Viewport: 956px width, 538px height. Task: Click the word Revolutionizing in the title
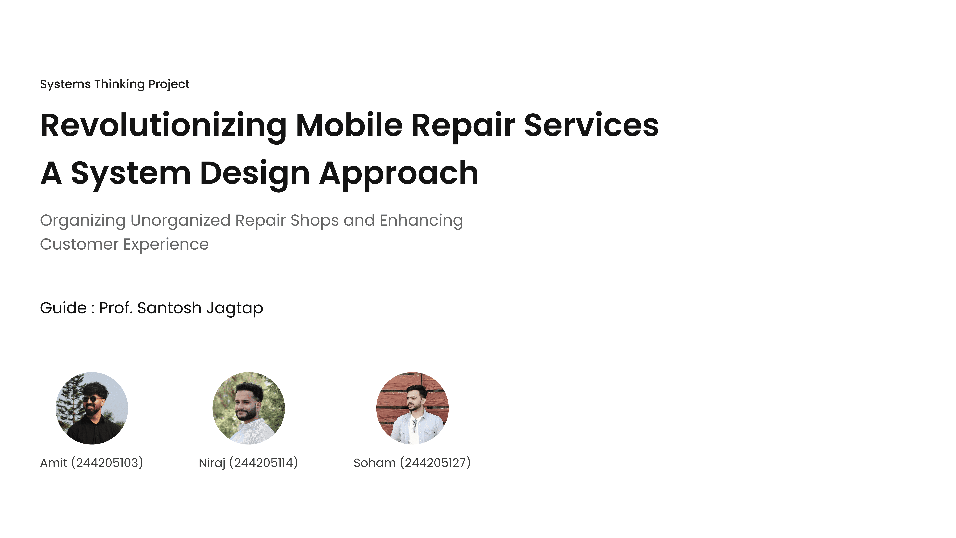[x=163, y=126]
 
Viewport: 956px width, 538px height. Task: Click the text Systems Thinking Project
[x=115, y=84]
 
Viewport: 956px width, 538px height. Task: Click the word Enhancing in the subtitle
[x=421, y=221]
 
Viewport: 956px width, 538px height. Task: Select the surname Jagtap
[x=235, y=309]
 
